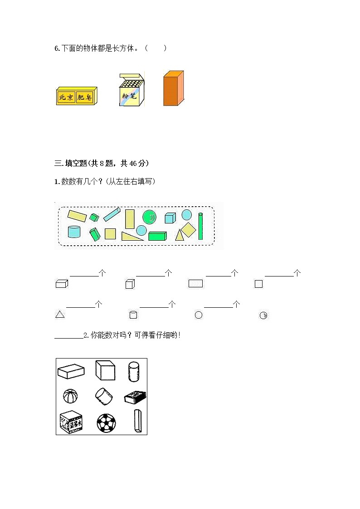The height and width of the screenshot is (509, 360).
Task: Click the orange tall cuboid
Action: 173,89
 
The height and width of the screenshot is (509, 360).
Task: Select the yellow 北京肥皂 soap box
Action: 76,96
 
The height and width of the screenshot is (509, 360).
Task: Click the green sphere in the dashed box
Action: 149,217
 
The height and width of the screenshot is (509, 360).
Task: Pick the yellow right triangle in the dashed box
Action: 132,236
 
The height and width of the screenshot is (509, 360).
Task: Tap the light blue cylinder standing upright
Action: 74,232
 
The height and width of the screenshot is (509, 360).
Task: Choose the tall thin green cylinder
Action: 200,225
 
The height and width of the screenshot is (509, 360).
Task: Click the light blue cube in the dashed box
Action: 170,218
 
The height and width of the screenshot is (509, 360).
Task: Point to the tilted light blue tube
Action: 112,214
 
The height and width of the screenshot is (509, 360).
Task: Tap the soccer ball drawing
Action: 106,423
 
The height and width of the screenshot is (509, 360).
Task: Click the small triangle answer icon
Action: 60,315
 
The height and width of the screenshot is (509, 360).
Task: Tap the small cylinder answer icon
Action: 133,315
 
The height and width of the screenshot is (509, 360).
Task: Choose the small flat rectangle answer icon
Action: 195,284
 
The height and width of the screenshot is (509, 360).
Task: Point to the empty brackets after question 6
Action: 156,48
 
